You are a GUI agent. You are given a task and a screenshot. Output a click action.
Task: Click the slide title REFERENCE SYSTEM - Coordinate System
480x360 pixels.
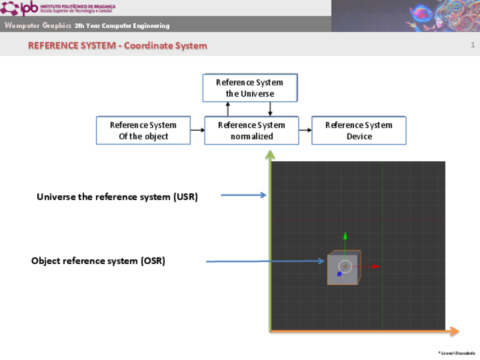point(118,46)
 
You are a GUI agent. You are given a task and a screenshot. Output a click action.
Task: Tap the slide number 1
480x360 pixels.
point(473,45)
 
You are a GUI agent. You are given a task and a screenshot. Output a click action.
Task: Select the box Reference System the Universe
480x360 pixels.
point(250,88)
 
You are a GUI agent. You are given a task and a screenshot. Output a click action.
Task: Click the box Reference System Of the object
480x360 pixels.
point(143,130)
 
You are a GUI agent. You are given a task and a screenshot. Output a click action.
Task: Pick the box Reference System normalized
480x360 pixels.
point(251,130)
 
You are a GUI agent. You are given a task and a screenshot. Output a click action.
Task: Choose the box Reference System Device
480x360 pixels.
point(359,130)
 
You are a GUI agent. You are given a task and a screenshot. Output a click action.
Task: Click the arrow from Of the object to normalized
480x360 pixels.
point(197,130)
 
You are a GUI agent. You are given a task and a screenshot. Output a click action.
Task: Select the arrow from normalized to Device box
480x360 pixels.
point(305,130)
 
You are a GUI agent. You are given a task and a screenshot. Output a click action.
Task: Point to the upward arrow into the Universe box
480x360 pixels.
point(228,109)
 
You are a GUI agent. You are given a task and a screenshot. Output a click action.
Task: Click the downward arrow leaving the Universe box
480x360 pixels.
point(270,109)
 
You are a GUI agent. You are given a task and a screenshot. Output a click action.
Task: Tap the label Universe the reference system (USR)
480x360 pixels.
point(117,197)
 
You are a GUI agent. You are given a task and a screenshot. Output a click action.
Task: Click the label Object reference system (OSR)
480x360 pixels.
point(98,261)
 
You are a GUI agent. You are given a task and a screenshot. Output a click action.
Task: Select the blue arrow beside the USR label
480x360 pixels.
point(243,195)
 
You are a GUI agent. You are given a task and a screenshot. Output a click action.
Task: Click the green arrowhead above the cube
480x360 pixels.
point(345,235)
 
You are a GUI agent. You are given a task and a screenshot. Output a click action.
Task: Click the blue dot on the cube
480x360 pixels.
point(339,274)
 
